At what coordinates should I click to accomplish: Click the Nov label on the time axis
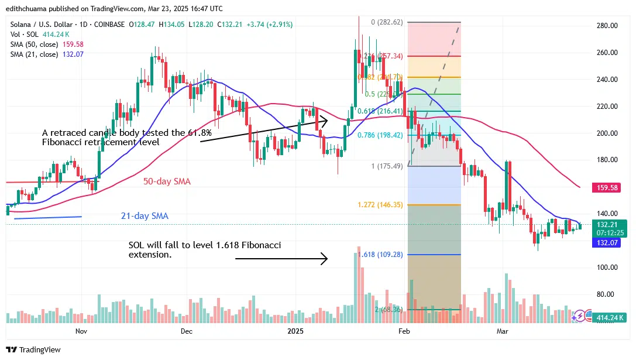pos(81,331)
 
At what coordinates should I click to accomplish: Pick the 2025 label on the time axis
pos(295,331)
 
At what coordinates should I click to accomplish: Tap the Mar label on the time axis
pos(502,331)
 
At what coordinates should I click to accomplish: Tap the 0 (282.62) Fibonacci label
pos(387,22)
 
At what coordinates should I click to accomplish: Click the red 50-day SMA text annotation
pos(167,181)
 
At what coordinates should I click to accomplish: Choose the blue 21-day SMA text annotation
pos(145,216)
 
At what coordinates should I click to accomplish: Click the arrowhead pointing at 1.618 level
pos(325,258)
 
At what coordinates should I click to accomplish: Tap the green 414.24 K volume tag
pos(610,318)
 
